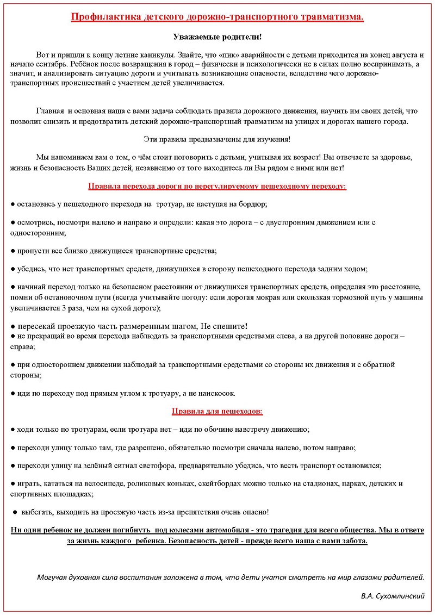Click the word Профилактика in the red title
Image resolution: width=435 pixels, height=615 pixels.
(102, 17)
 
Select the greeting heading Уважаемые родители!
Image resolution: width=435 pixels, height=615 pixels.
(217, 37)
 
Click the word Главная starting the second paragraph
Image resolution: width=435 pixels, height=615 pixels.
(51, 111)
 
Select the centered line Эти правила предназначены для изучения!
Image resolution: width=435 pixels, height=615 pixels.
(217, 139)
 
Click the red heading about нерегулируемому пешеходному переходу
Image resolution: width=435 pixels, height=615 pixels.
(217, 186)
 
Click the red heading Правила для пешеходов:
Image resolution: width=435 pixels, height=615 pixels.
(217, 411)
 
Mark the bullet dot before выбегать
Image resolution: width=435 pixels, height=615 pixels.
(15, 512)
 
